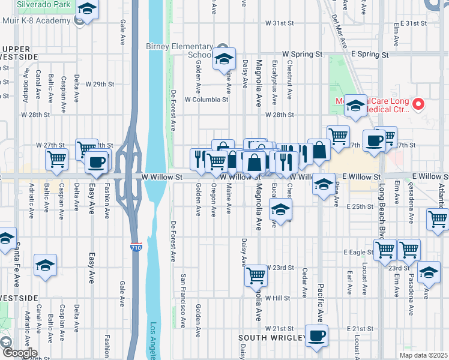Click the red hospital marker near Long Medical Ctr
tap(419, 103)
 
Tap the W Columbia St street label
tap(206, 99)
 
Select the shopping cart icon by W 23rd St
tap(256, 275)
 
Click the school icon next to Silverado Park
tap(88, 10)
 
